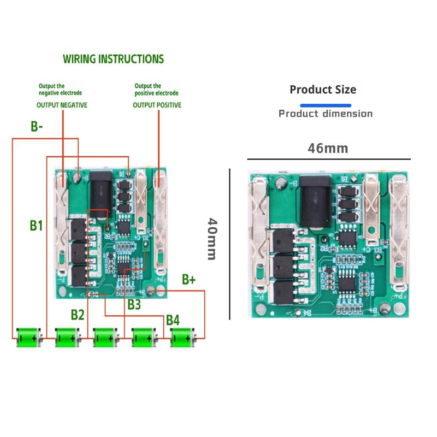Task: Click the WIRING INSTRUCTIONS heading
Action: [113, 59]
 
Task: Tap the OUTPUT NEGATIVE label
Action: [62, 105]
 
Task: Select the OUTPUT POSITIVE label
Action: [157, 105]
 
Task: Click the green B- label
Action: [37, 127]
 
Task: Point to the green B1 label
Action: [36, 225]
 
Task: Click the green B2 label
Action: [78, 314]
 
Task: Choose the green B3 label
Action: [134, 305]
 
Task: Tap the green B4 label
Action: [173, 320]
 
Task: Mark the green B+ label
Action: [189, 280]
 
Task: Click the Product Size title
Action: [323, 90]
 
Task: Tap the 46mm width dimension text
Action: [328, 148]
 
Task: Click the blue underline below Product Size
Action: [326, 105]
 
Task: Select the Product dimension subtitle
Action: [326, 114]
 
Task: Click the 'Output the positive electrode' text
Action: [156, 90]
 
